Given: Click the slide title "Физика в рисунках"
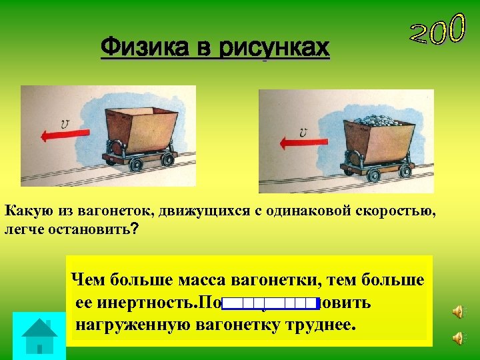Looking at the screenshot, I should click(x=215, y=48).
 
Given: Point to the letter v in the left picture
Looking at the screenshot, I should click(x=65, y=123).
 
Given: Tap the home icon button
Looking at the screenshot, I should click(x=39, y=335).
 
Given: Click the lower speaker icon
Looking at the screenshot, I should click(x=458, y=339).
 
